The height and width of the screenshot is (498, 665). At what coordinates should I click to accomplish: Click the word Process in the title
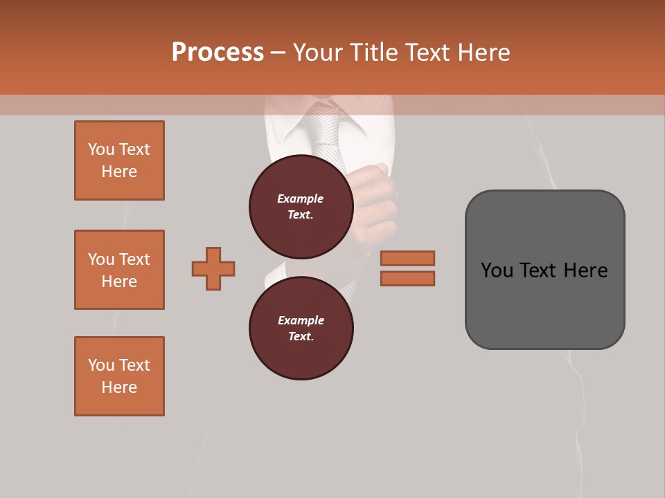click(218, 53)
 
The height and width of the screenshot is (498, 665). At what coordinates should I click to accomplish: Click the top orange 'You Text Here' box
click(119, 160)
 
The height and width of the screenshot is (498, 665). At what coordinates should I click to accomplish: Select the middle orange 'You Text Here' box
click(119, 270)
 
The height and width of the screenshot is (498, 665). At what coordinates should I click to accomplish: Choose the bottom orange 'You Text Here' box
click(119, 376)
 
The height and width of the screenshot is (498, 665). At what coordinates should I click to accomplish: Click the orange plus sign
click(213, 268)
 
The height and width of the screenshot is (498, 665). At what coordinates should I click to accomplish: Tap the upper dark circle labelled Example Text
click(301, 206)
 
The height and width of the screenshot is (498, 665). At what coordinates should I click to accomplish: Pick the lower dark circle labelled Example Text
click(301, 328)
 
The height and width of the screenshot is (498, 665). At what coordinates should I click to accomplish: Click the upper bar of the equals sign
click(407, 259)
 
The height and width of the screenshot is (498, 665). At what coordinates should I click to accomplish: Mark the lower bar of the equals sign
click(407, 278)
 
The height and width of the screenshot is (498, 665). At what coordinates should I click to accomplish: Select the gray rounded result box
click(544, 270)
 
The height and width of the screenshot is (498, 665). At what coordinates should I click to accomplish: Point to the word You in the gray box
click(497, 270)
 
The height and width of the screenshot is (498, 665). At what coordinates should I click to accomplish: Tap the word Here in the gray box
click(586, 270)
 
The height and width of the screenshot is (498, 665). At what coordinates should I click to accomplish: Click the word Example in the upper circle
click(301, 199)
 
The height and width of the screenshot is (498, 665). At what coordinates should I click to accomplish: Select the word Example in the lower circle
click(301, 320)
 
